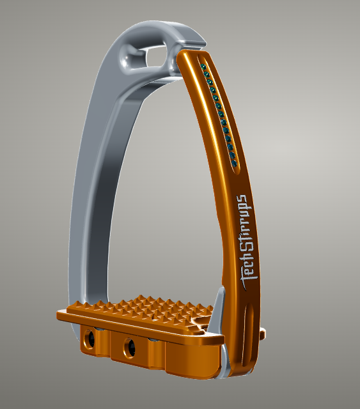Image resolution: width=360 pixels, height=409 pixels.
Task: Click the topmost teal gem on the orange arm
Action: click(203, 67)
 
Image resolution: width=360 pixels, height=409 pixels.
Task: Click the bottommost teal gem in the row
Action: click(234, 164)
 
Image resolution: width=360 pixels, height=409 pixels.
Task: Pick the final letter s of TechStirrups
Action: click(241, 199)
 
